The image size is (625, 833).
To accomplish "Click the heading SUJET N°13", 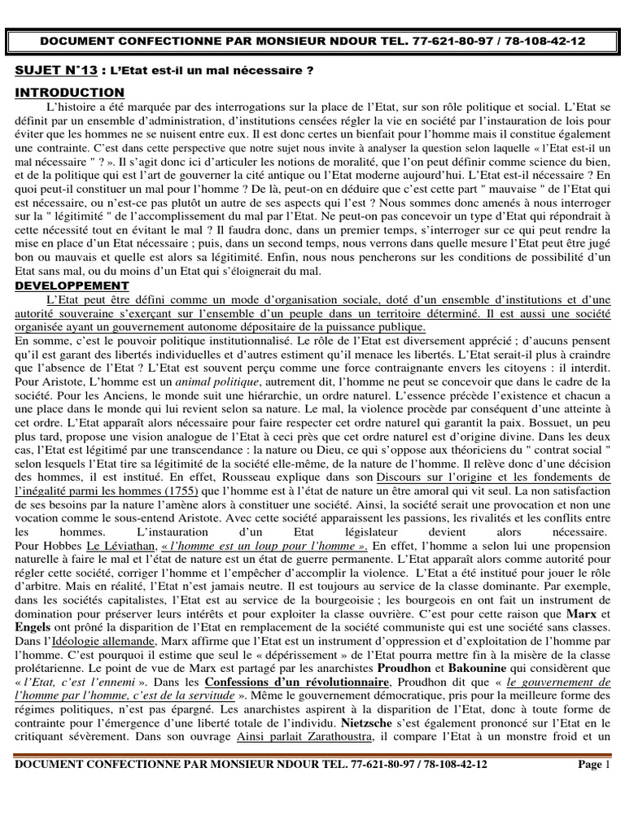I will (x=50, y=72).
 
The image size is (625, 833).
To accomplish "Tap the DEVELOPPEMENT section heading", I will (x=72, y=286).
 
